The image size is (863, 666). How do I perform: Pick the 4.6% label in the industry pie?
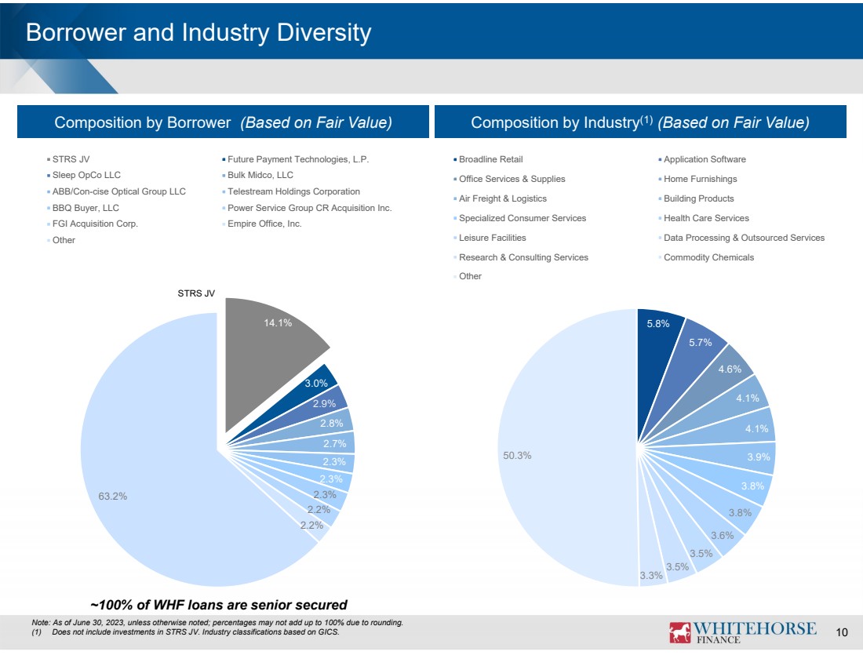pyautogui.click(x=731, y=369)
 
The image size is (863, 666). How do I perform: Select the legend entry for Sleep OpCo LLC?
pyautogui.click(x=86, y=175)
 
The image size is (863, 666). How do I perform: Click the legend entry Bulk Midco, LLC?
pyautogui.click(x=260, y=175)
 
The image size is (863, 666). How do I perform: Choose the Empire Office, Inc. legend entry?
pyautogui.click(x=264, y=224)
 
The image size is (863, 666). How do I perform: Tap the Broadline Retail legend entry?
pyautogui.click(x=490, y=159)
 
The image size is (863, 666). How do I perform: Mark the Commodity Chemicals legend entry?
pyautogui.click(x=708, y=257)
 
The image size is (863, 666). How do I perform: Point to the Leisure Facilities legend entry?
pyautogui.click(x=492, y=238)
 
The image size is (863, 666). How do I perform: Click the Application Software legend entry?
pyautogui.click(x=705, y=159)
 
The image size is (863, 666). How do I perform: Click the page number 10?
pyautogui.click(x=843, y=633)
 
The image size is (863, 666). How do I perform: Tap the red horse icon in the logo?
pyautogui.click(x=679, y=632)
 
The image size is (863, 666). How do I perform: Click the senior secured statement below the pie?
pyautogui.click(x=219, y=605)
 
